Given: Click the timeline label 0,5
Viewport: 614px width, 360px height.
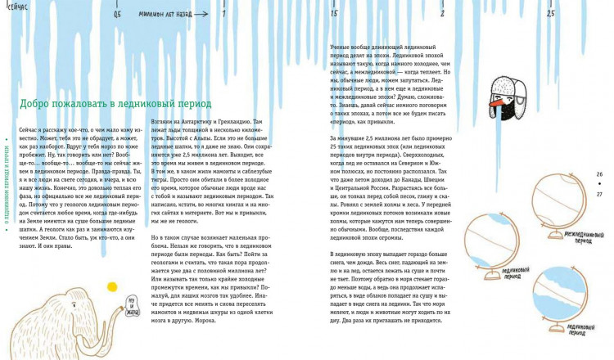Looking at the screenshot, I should pyautogui.click(x=118, y=14).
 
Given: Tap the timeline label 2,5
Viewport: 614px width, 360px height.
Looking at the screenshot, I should pyautogui.click(x=550, y=14).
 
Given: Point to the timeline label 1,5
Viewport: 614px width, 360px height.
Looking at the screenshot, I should pyautogui.click(x=334, y=14).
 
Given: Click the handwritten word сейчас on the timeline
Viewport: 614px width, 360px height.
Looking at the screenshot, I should pyautogui.click(x=15, y=6).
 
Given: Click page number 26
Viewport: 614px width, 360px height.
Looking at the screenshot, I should pyautogui.click(x=599, y=175).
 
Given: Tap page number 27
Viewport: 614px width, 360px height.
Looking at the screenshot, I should pyautogui.click(x=599, y=194).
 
